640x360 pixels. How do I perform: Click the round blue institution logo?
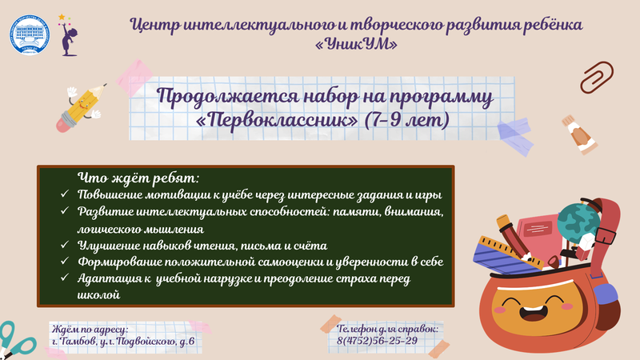click(30, 35)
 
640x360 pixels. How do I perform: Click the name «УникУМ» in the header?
click(356, 44)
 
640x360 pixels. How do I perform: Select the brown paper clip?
click(597, 77)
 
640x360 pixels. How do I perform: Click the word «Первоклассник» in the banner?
click(277, 121)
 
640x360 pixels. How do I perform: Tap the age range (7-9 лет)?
click(406, 121)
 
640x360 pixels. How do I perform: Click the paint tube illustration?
click(579, 134)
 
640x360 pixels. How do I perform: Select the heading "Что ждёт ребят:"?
click(138, 178)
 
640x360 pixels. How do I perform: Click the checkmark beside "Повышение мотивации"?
click(65, 194)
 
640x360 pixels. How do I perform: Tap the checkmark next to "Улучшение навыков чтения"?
click(65, 245)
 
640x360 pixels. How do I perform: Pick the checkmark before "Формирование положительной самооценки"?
click(65, 261)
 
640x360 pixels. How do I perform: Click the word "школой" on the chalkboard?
click(98, 294)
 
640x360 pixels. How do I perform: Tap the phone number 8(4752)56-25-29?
click(377, 341)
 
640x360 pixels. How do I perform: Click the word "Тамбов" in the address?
click(78, 342)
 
